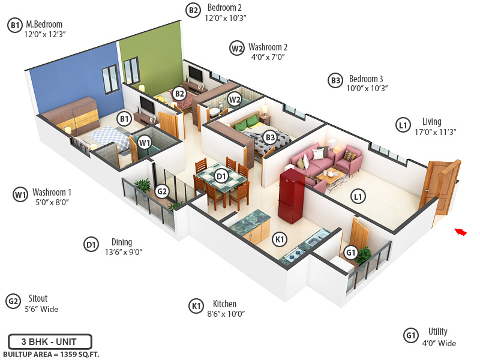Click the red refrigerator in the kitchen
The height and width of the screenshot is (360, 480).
point(290,193)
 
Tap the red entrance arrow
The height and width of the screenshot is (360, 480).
point(460,232)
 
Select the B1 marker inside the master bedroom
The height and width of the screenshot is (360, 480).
point(124,119)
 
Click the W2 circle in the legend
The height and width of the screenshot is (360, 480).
point(237,48)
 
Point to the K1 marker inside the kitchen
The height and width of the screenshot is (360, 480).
point(279,239)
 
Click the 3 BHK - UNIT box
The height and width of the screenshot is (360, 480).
point(50,342)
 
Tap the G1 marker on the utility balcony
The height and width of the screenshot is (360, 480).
point(351,253)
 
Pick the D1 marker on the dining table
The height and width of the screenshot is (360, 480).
point(221,176)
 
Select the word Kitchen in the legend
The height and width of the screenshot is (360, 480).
point(224,304)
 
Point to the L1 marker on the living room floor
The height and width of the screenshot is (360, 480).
point(358,196)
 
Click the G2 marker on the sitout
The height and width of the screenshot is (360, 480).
point(161,191)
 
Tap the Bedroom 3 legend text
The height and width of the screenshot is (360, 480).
point(365,79)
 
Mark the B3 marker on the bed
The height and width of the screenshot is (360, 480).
point(270,138)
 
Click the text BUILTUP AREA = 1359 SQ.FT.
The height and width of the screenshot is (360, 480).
point(50,355)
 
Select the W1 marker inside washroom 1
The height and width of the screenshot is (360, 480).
point(144,143)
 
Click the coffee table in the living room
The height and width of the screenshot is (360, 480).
point(331,176)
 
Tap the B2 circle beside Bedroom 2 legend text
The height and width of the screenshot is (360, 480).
point(193,10)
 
